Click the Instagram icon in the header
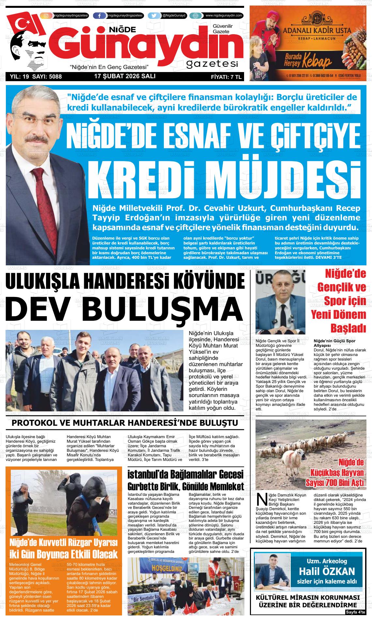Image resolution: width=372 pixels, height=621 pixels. point(46,16)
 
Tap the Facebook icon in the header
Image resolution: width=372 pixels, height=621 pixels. point(99,16)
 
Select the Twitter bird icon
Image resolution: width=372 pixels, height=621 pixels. point(153,16)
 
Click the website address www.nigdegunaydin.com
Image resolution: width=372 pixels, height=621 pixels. point(224,16)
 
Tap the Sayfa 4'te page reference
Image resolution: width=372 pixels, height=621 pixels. point(355,612)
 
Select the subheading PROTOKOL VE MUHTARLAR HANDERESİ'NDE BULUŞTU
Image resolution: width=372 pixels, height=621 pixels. point(125,423)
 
